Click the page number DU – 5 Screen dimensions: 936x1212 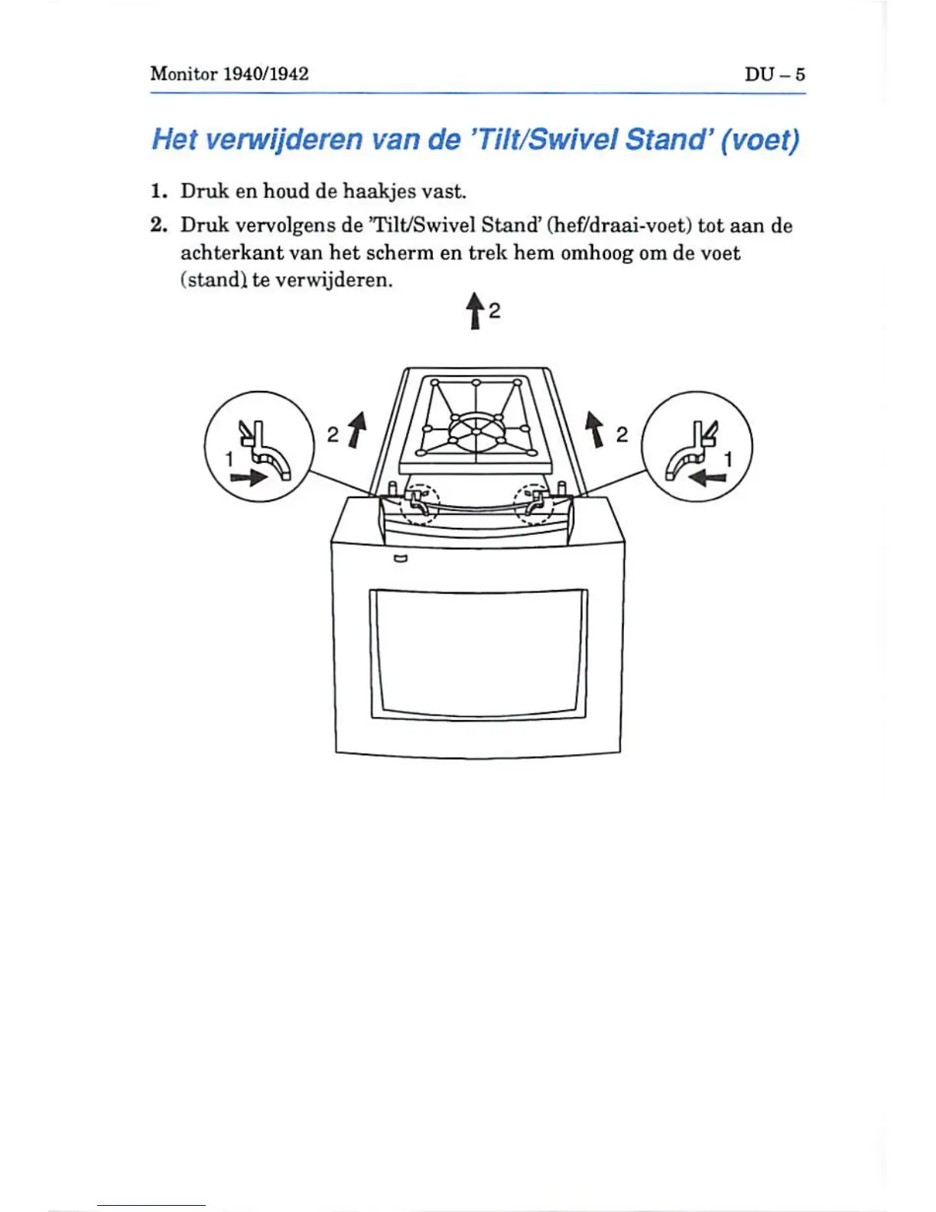click(775, 74)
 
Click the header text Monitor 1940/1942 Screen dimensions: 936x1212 click(229, 73)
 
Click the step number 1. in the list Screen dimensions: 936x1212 click(158, 191)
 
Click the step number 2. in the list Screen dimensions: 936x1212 click(158, 225)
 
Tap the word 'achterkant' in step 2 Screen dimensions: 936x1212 click(231, 252)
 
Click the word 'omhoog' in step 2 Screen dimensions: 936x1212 click(597, 252)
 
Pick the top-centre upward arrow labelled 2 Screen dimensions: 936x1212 click(475, 311)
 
